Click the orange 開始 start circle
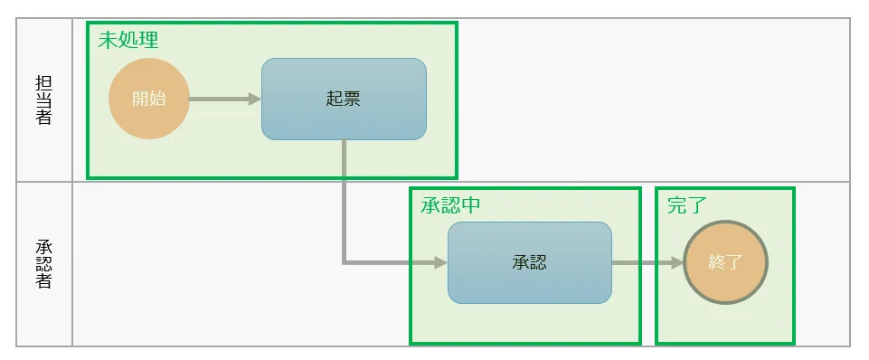tap(149, 99)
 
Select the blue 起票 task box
tap(344, 99)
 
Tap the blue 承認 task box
tap(530, 263)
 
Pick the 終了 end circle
tap(725, 262)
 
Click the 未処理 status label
tap(128, 40)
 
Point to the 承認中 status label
tap(450, 205)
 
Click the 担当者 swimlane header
tap(43, 99)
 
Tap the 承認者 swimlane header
tap(43, 264)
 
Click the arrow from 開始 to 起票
tap(225, 99)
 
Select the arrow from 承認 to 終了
tap(647, 263)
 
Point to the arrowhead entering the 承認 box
tap(441, 263)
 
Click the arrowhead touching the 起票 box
tap(255, 99)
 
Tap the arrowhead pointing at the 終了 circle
tap(677, 263)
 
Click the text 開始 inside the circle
tap(149, 99)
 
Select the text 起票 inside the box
tap(344, 99)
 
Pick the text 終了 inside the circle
tap(725, 262)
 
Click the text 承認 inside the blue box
tap(530, 263)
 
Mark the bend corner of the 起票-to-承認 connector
tap(345, 262)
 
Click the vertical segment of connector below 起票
tap(345, 201)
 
